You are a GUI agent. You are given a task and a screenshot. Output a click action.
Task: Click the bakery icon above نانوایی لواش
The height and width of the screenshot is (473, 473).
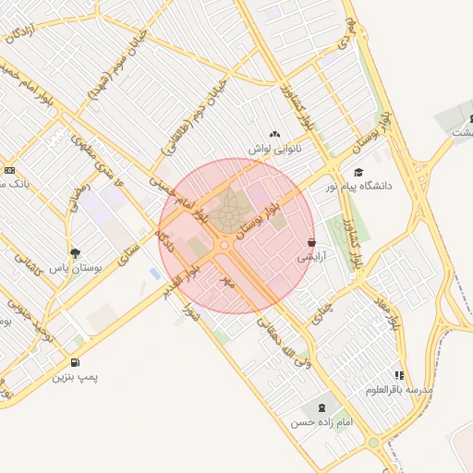click(274, 134)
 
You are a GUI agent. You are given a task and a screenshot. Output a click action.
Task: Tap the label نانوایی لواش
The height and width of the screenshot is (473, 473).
click(274, 148)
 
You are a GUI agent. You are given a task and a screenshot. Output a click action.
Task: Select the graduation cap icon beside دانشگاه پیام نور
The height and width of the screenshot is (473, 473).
click(358, 172)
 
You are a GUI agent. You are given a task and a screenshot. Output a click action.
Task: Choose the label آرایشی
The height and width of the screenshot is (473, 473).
click(310, 258)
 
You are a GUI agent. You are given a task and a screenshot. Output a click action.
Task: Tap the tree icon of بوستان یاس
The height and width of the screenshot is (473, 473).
click(74, 252)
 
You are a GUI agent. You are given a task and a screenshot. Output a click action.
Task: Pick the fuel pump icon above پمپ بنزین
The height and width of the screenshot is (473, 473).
click(75, 362)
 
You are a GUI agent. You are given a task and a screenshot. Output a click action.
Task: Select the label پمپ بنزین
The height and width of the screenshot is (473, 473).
click(74, 377)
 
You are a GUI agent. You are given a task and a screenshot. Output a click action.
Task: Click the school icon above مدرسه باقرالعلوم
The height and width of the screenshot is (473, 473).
click(399, 375)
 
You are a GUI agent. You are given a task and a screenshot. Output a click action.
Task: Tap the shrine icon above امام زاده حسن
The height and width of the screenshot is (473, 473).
click(321, 407)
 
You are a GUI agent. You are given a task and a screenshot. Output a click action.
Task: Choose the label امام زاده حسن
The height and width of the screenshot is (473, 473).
click(321, 422)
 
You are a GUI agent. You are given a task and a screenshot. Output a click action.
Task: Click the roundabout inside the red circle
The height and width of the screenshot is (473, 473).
click(225, 246)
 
